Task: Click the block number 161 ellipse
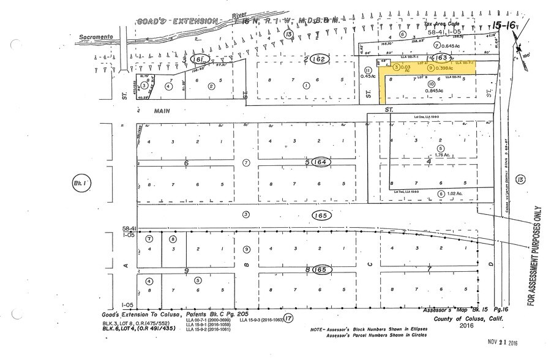pos(197,59)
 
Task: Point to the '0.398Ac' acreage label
pos(444,67)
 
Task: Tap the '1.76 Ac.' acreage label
pos(441,156)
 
